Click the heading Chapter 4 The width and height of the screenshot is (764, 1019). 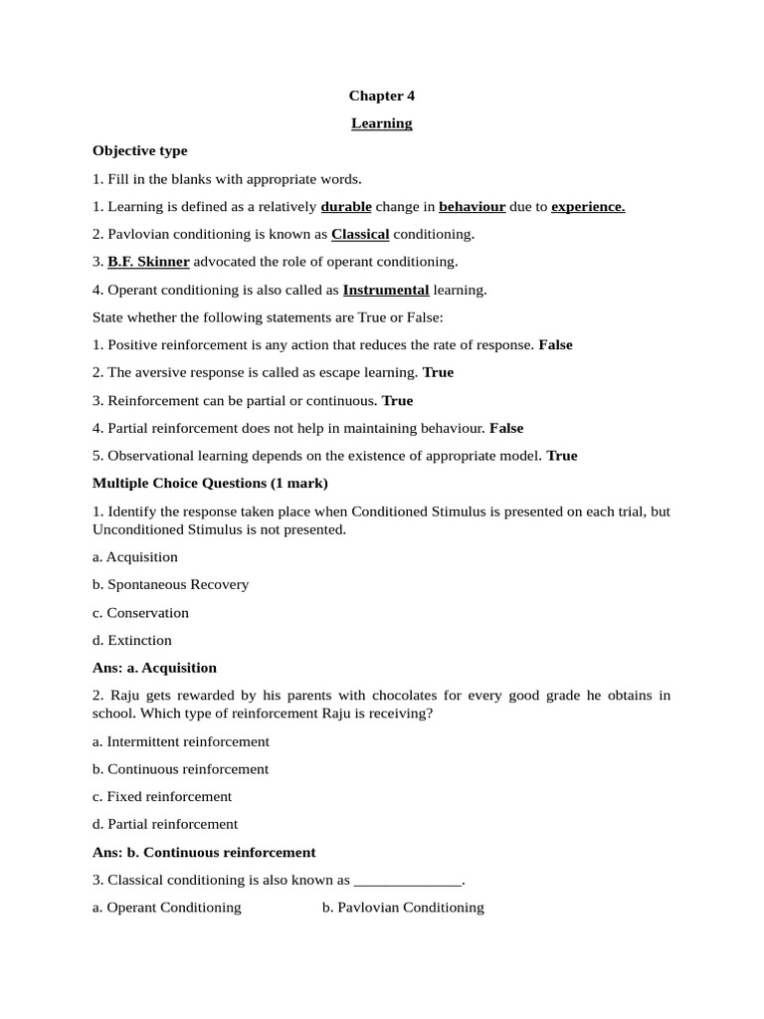pos(381,96)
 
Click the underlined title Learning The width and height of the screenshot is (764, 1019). pos(381,123)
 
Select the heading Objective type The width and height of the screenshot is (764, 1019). pos(139,151)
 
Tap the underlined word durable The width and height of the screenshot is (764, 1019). pos(346,207)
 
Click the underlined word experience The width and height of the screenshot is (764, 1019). pos(588,207)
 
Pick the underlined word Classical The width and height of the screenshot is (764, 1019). pos(360,235)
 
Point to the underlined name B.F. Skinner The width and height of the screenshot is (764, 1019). pos(148,262)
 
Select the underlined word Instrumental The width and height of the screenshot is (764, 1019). pos(386,290)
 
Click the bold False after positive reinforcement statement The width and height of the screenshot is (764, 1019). pos(555,345)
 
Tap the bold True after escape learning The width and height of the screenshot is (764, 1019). pos(438,372)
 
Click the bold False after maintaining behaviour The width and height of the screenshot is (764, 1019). pos(506,428)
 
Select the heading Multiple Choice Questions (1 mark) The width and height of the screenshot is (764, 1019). pos(210,484)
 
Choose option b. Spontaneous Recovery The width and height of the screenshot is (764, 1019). pos(170,584)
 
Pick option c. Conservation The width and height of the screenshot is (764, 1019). pos(140,613)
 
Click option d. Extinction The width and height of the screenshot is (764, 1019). pos(132,640)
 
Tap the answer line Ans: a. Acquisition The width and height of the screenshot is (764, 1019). pos(154,668)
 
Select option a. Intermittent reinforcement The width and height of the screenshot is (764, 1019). pos(181,741)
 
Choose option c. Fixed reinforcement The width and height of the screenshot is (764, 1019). pos(162,796)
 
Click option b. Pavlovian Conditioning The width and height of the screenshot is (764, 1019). pos(403,908)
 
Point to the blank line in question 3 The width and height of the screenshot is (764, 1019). pos(408,881)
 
